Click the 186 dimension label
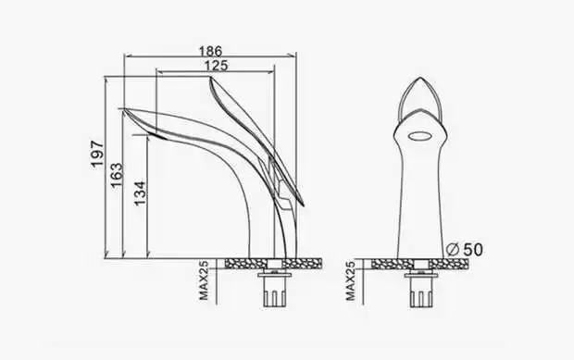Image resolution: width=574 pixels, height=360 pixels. pyautogui.click(x=210, y=51)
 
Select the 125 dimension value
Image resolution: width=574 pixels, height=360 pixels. pyautogui.click(x=216, y=65)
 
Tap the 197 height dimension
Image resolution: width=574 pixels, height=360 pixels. pyautogui.click(x=97, y=154)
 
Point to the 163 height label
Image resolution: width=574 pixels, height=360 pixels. pyautogui.click(x=118, y=175)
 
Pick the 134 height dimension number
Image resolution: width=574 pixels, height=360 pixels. pyautogui.click(x=140, y=193)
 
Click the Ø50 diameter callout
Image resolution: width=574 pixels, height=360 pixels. pyautogui.click(x=465, y=250)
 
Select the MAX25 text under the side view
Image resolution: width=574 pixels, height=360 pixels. pyautogui.click(x=204, y=280)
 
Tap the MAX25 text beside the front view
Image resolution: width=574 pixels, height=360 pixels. pyautogui.click(x=351, y=280)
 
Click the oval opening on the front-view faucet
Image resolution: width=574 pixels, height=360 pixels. pyautogui.click(x=419, y=136)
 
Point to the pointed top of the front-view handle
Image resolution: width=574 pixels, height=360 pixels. pyautogui.click(x=420, y=78)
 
